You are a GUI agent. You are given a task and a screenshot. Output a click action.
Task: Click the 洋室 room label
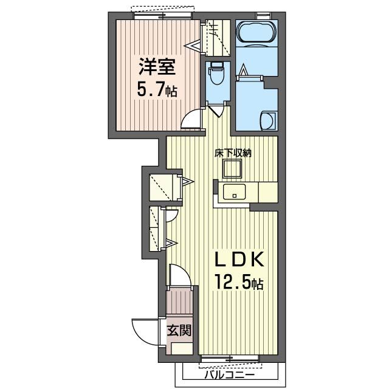pyautogui.click(x=157, y=66)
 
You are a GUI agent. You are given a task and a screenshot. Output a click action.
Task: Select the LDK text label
pyautogui.click(x=239, y=259)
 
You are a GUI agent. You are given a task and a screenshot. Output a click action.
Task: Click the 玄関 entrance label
pyautogui.click(x=179, y=330)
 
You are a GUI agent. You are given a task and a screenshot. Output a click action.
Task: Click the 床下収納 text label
pyautogui.click(x=233, y=153)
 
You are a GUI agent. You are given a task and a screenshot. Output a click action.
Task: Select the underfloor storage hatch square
pyautogui.click(x=232, y=169)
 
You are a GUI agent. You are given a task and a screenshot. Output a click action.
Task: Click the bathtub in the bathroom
pyautogui.click(x=256, y=34)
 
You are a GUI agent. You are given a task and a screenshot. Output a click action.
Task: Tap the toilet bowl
pyautogui.click(x=217, y=73)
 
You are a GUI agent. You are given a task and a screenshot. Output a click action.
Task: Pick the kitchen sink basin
pyautogui.click(x=234, y=192)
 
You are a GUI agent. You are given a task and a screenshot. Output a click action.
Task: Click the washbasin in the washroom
pyautogui.click(x=268, y=121)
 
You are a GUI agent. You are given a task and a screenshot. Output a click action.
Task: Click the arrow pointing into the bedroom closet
pyautogui.click(x=192, y=46)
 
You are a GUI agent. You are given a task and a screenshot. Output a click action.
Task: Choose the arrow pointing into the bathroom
pyautogui.click(x=243, y=69)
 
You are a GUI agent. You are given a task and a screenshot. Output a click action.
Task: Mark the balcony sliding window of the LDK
pyautogui.click(x=230, y=359)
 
